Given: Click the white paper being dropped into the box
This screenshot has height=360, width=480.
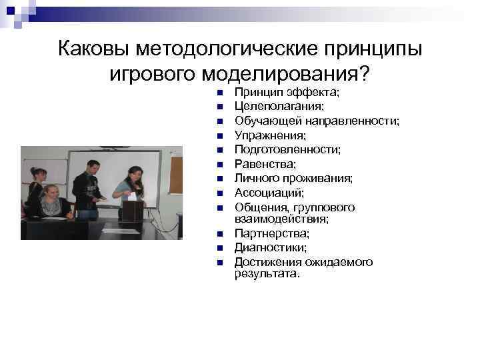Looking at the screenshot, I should point(131,196).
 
